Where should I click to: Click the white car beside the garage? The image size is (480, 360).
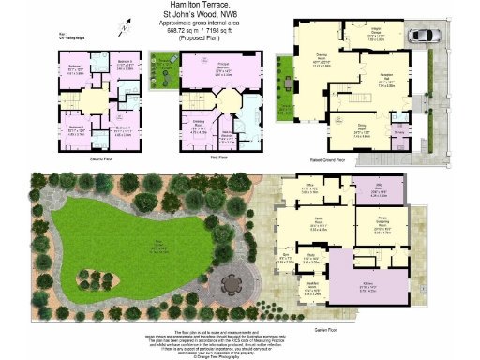423,37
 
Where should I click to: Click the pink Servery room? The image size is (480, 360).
398,133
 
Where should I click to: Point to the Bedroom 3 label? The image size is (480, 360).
124,65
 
